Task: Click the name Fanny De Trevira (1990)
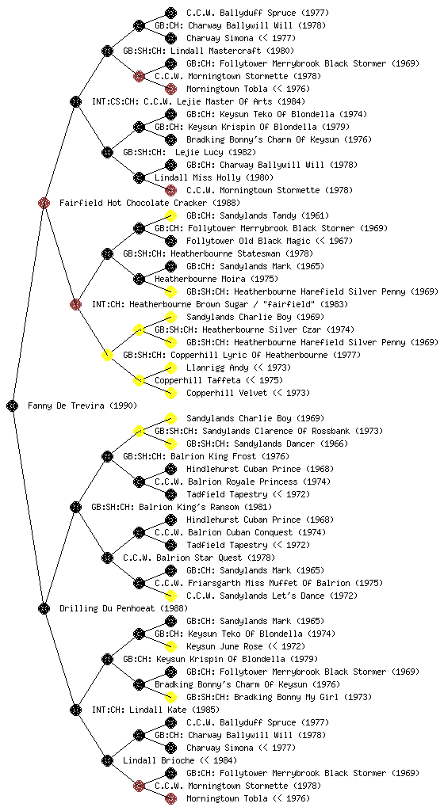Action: pyautogui.click(x=82, y=405)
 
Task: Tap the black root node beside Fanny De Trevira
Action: pyautogui.click(x=13, y=405)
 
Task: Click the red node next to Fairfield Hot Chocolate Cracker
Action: pyautogui.click(x=44, y=203)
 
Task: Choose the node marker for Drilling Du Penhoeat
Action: pyautogui.click(x=44, y=608)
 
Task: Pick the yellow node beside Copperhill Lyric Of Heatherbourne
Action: pyautogui.click(x=107, y=355)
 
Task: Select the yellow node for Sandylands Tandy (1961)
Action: pyautogui.click(x=170, y=215)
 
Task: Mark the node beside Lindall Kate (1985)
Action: pyautogui.click(x=75, y=710)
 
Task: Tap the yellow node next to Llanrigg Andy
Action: pyautogui.click(x=170, y=367)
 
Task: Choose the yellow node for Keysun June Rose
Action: pyautogui.click(x=170, y=646)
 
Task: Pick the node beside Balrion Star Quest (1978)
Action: pyautogui.click(x=107, y=558)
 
